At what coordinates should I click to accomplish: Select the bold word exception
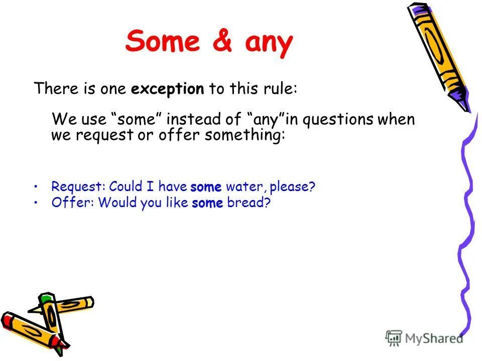click(168, 89)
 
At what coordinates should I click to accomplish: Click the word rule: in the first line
click(279, 89)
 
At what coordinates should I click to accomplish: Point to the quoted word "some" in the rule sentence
click(135, 120)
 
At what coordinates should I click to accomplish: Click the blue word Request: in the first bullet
click(78, 187)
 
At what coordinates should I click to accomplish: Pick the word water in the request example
click(244, 187)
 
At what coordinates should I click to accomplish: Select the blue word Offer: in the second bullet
click(72, 203)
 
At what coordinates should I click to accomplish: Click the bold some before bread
click(207, 203)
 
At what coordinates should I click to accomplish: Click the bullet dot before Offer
click(37, 202)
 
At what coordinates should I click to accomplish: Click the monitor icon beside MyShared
click(394, 338)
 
